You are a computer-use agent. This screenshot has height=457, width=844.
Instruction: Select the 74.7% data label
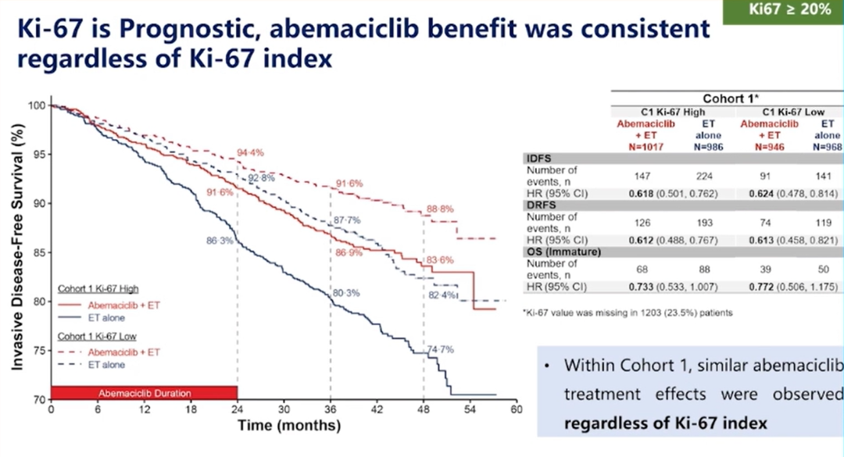[440, 349]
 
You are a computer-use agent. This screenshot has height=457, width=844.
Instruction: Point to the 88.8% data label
[441, 209]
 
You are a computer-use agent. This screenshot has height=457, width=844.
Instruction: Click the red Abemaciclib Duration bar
[144, 392]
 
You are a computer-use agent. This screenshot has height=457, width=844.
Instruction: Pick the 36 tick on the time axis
[330, 409]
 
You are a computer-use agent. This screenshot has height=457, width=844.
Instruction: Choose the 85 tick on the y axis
[36, 252]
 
